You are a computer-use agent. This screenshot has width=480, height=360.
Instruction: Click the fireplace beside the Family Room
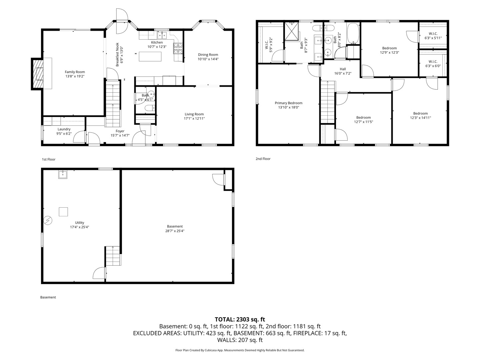point(38,74)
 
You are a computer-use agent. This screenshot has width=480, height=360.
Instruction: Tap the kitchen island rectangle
point(150,56)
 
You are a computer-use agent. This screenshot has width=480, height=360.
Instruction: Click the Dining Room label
point(208,55)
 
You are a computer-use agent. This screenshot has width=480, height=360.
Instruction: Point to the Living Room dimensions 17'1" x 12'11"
point(194,118)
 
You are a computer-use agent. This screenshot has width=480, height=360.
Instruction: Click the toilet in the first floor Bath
point(150,108)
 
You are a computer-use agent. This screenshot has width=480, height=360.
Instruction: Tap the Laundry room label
point(64,129)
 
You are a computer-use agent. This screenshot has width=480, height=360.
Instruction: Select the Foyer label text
point(120,131)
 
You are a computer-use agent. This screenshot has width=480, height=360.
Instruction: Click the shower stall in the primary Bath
point(291,31)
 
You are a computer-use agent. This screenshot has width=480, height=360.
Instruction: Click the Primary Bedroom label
point(288,103)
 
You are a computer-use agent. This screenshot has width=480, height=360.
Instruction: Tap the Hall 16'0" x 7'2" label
point(343,71)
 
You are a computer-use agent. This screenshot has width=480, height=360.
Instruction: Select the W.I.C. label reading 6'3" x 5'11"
point(433,36)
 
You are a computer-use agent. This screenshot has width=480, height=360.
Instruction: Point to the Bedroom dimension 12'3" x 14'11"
point(420,118)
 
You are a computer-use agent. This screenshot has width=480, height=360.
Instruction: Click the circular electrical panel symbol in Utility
point(48,220)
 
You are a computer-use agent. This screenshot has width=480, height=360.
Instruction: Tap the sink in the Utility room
point(63,174)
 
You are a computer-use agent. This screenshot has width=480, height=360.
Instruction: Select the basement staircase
point(113,256)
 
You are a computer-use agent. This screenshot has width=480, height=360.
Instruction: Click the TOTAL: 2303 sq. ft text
point(240,319)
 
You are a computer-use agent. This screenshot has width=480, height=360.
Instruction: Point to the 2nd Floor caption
point(263,159)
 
